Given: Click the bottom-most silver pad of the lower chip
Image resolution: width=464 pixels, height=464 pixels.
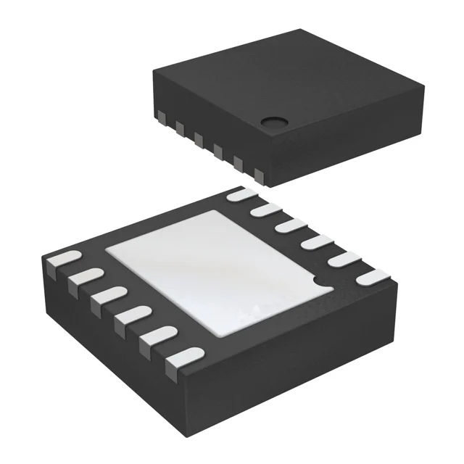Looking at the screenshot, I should coord(181,357).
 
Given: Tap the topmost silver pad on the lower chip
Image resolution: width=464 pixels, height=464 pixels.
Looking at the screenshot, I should coord(240,194).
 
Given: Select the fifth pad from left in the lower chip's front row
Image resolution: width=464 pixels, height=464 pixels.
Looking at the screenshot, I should coord(156,335).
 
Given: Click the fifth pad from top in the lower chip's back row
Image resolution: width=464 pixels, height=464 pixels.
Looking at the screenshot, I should coord(341,258).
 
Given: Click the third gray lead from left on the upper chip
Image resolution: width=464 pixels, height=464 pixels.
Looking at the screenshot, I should coord(198,138).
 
